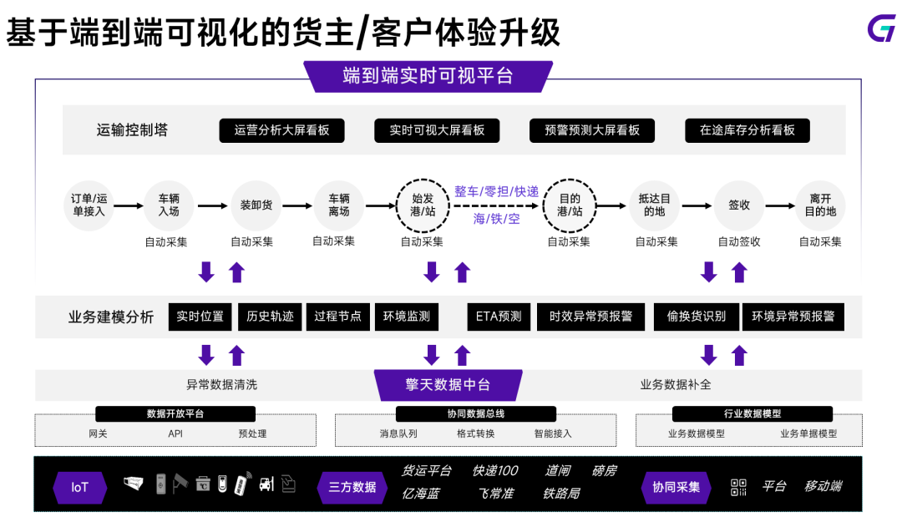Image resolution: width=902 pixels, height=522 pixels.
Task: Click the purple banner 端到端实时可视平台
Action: pos(428,77)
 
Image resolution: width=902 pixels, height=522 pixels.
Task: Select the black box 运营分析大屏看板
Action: pos(281,130)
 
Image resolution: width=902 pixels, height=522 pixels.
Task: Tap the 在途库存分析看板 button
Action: pos(747,130)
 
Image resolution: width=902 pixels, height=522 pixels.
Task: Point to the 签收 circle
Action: pos(739,205)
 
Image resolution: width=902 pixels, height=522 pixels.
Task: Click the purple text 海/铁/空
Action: pos(496,219)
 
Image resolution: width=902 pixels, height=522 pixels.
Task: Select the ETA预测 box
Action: pos(498,317)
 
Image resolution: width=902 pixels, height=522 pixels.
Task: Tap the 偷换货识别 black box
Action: pos(696,317)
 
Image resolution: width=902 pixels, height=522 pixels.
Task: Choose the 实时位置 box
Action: pos(200,317)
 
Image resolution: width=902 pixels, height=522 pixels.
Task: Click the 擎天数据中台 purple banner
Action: pos(448,385)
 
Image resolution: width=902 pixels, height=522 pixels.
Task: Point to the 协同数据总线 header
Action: pos(475,413)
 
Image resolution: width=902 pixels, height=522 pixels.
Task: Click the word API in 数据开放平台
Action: pos(175,434)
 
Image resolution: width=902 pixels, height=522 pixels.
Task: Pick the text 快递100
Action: pos(495,471)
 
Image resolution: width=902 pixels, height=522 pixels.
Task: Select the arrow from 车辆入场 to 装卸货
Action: pos(212,205)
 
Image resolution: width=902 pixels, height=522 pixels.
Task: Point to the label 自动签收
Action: pos(739,242)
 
